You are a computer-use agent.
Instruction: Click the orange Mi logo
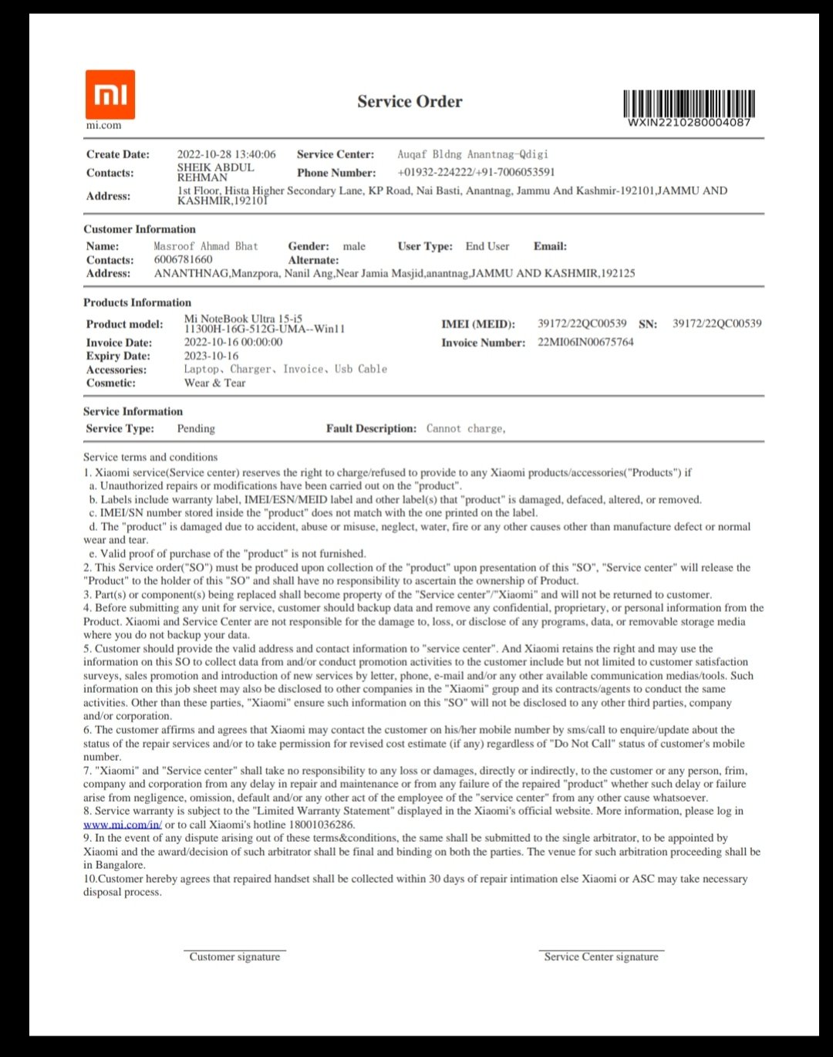coord(110,95)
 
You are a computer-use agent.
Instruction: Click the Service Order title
coord(410,102)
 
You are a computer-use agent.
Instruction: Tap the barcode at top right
coord(689,103)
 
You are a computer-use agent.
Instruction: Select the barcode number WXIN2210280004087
coord(689,122)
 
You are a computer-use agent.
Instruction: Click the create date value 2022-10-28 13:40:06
coord(226,154)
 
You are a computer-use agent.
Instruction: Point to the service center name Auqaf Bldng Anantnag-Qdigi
coord(473,154)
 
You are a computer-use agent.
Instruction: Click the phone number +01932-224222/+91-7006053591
coord(476,172)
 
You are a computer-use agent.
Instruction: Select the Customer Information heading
coord(140,229)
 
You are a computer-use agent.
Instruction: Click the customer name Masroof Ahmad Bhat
coord(206,246)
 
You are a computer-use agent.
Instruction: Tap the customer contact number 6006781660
coord(183,259)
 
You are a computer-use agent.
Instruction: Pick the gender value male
coord(354,246)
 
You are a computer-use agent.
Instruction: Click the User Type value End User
coord(487,246)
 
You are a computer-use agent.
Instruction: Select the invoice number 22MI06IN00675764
coord(585,342)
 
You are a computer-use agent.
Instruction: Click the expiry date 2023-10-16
coord(211,356)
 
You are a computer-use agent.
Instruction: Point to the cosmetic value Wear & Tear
coord(214,383)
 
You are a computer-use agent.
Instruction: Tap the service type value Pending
coord(196,428)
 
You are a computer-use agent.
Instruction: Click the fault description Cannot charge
coord(466,428)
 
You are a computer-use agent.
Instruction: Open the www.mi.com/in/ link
coord(123,824)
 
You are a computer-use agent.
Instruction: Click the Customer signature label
coord(234,957)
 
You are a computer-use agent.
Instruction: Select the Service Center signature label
coord(601,957)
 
